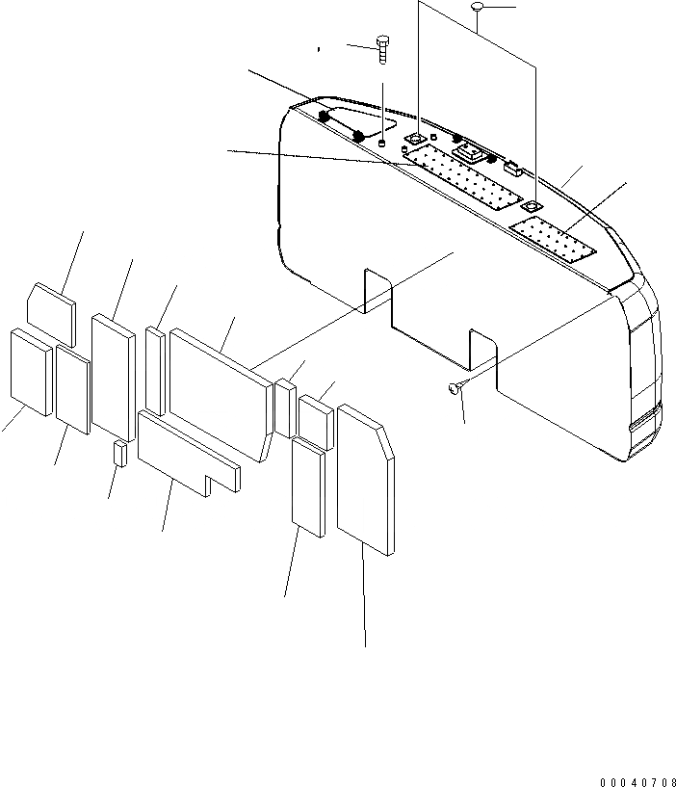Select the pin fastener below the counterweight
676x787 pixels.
455,388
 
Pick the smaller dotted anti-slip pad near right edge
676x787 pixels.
554,241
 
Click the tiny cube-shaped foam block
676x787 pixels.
119,453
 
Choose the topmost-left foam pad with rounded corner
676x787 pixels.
51,306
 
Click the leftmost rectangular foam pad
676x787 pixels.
30,372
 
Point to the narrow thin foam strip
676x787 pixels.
155,368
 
